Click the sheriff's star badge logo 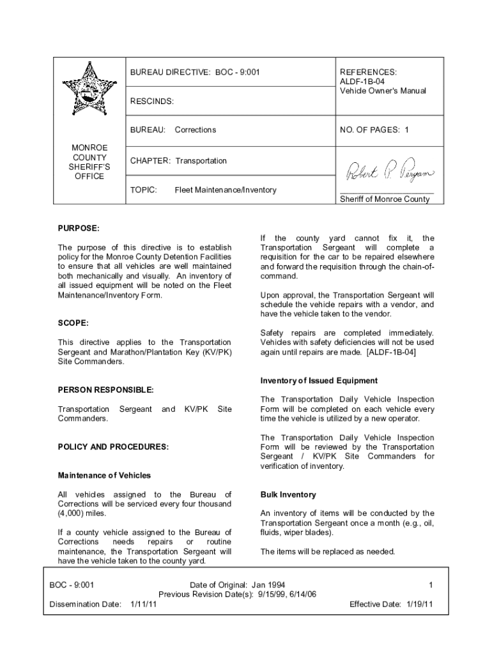click(89, 90)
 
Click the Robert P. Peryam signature click(389, 171)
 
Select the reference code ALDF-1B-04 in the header click(362, 82)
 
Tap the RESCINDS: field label click(151, 102)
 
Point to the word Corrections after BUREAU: click(196, 130)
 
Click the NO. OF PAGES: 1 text click(374, 130)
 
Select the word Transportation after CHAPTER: click(201, 161)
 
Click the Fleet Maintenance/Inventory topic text click(226, 190)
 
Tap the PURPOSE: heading click(79, 228)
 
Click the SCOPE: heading click(73, 324)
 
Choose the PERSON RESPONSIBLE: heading click(105, 390)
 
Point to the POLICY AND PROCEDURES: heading click(113, 447)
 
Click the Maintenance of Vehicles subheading click(104, 475)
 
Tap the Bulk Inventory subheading click(288, 495)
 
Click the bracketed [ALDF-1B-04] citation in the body click(391, 352)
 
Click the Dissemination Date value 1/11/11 click(144, 604)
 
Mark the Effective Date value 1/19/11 click(420, 604)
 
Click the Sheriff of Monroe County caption click(385, 199)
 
